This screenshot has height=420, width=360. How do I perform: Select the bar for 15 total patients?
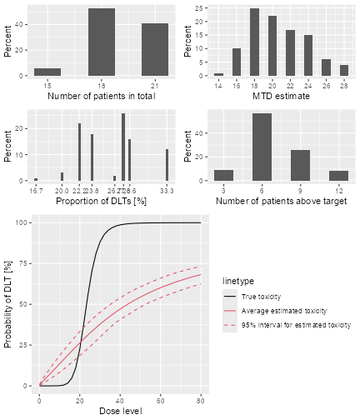click(47, 72)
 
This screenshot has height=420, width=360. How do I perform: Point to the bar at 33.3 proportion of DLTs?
click(167, 165)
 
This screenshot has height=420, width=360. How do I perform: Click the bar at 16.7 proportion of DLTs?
click(36, 179)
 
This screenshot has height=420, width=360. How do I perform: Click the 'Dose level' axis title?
click(120, 411)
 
